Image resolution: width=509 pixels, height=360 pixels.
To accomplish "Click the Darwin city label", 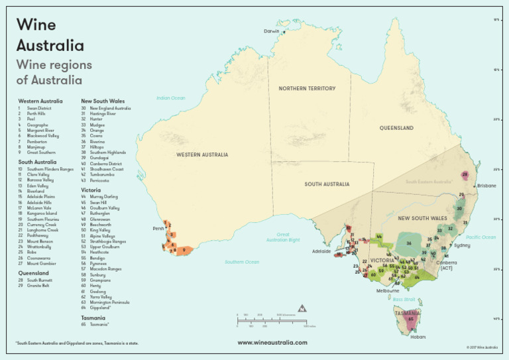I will [271, 31].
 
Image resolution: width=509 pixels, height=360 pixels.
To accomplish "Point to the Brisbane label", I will [486, 186].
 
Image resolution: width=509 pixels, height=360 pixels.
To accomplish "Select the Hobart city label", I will [418, 337].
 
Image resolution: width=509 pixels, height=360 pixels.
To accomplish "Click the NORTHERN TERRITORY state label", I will [307, 88].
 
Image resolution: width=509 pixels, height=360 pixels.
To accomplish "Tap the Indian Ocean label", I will [170, 98].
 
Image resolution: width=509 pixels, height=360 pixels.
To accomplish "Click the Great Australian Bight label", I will [283, 236].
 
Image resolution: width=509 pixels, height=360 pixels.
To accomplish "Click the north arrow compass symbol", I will [302, 308].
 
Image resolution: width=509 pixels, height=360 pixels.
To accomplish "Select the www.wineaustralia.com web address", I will [272, 343].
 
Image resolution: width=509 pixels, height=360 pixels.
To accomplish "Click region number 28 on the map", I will [465, 175].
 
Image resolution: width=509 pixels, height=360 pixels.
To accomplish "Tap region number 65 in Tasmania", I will [412, 319].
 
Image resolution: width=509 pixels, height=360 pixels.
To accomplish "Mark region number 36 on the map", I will [409, 243].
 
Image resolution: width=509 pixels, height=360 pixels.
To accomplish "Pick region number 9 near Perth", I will [184, 250].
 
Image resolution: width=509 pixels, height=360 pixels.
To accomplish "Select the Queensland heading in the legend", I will [34, 272].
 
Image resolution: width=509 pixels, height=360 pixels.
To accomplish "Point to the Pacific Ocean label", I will [481, 237].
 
